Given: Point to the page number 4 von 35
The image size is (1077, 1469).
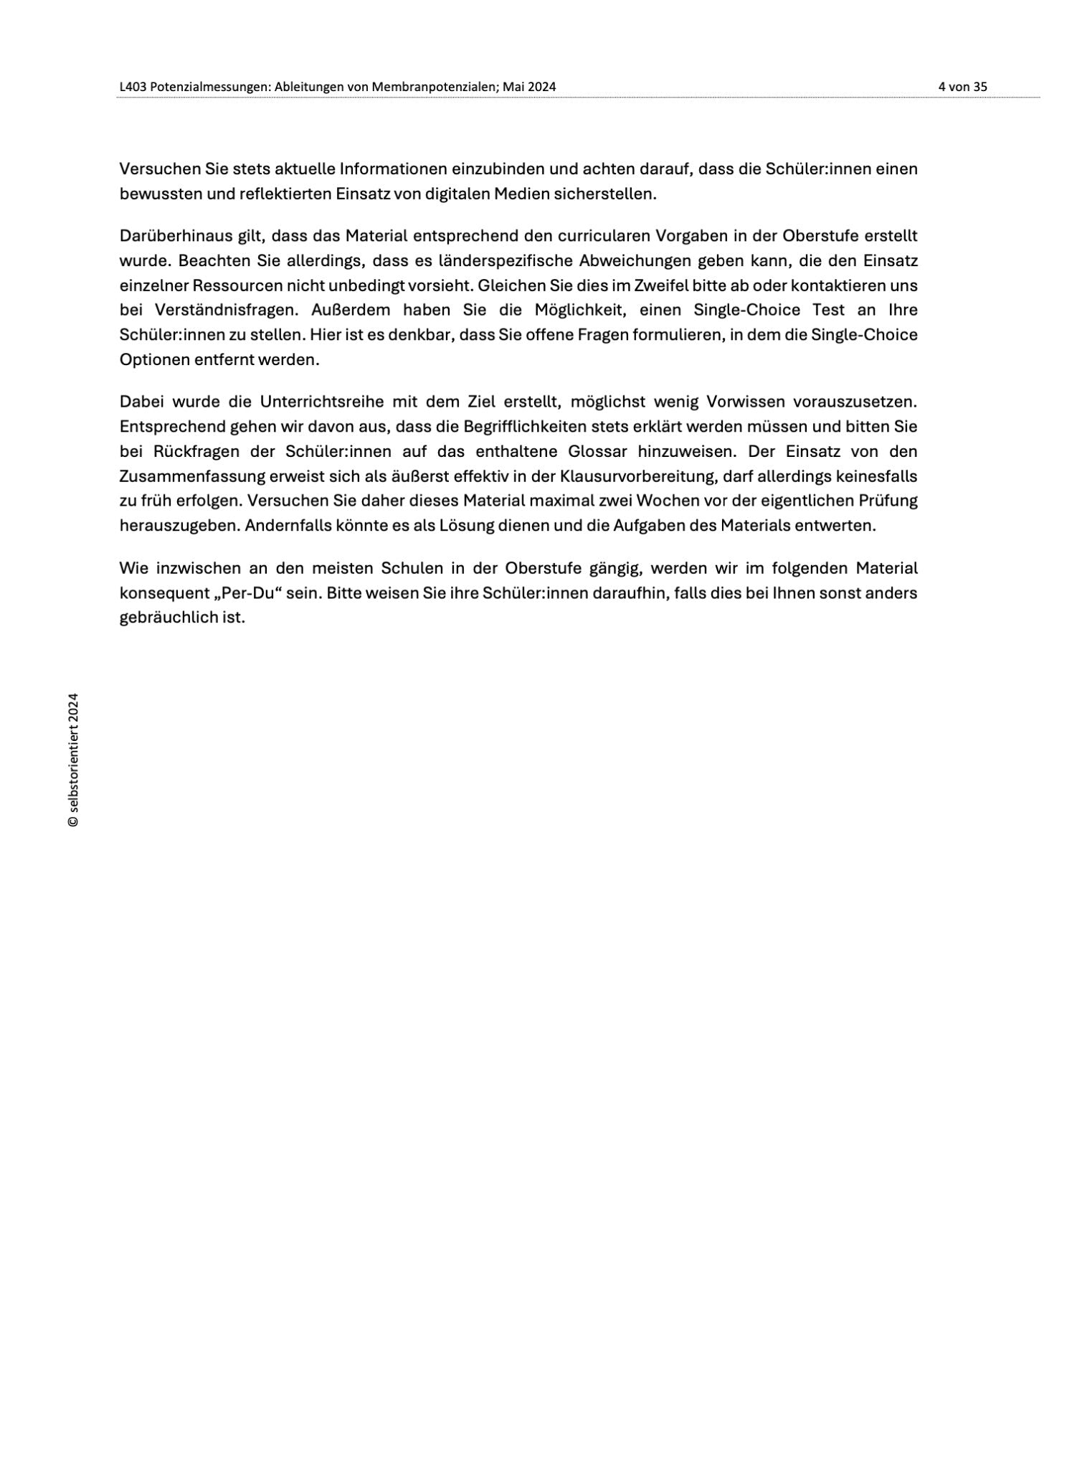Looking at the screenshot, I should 962,87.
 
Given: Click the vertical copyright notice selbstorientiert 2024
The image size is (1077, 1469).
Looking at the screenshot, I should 73,759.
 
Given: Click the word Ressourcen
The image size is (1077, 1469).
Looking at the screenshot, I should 237,285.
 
